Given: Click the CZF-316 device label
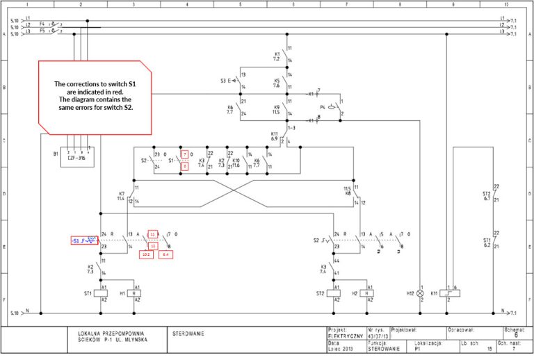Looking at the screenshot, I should (x=77, y=158).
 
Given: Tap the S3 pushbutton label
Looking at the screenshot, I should (x=224, y=81).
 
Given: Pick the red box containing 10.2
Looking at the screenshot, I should (x=147, y=255).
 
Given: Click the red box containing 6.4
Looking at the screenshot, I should (x=166, y=255).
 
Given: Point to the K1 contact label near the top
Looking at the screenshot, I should (x=277, y=54).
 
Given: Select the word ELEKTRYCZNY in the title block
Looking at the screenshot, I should (x=345, y=335).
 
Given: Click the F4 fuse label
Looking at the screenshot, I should (x=42, y=24).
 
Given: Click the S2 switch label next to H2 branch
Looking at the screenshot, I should (x=316, y=240).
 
